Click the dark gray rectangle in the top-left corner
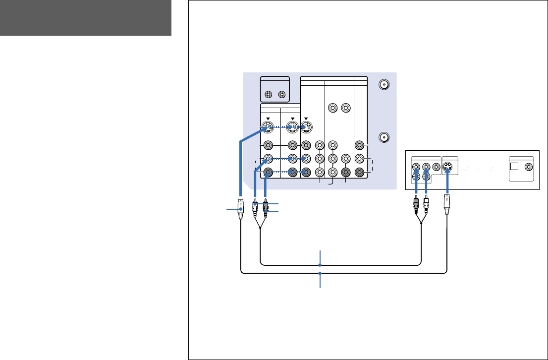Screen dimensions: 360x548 click(x=85, y=18)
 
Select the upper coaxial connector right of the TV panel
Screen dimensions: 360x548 click(x=383, y=84)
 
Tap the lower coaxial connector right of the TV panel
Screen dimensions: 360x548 click(x=383, y=137)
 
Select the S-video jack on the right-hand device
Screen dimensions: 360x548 click(x=448, y=167)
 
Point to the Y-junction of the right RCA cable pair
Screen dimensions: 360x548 click(x=421, y=224)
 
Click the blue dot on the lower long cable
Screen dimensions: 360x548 click(x=320, y=273)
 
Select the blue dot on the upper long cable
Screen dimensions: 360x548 click(x=320, y=265)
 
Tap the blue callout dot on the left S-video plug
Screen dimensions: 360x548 click(x=240, y=210)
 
